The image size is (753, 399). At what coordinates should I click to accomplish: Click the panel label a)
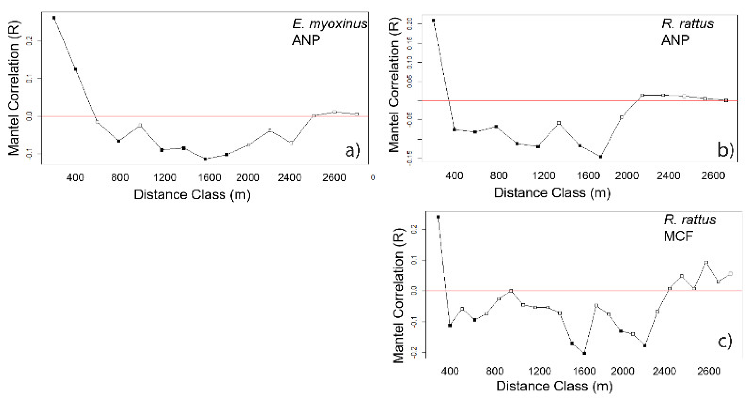(x=352, y=151)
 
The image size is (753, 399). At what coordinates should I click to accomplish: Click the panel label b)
(x=726, y=150)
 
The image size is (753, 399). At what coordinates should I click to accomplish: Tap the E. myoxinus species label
(x=330, y=24)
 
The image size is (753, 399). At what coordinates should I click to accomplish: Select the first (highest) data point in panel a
(x=54, y=18)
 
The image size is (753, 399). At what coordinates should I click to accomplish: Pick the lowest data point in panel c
(x=584, y=353)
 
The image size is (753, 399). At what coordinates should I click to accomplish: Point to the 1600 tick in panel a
(x=209, y=177)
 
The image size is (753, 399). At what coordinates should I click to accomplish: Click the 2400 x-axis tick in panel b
(x=668, y=176)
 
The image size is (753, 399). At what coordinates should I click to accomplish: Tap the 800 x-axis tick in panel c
(x=494, y=371)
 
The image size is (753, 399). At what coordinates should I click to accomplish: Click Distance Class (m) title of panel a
(x=192, y=195)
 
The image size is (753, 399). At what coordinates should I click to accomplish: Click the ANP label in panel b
(x=675, y=40)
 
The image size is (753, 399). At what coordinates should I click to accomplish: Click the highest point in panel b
(x=433, y=20)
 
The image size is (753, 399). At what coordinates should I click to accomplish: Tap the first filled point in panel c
(x=438, y=217)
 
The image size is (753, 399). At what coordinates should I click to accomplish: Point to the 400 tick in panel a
(x=75, y=177)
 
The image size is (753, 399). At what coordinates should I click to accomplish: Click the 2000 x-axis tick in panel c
(x=623, y=371)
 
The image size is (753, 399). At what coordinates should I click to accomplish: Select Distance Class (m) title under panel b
(x=552, y=193)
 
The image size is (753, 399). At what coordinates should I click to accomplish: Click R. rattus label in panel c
(x=690, y=220)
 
